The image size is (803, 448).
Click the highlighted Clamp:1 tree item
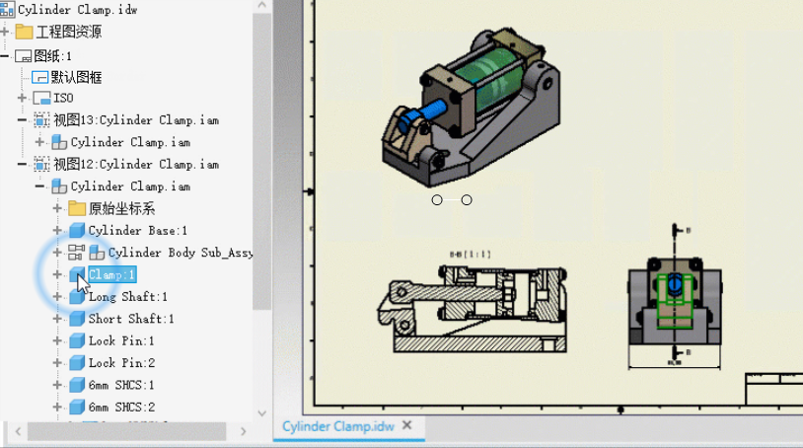111,274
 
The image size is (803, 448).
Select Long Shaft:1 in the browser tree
127,296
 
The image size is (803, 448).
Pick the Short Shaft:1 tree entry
130,319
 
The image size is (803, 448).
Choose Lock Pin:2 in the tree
121,362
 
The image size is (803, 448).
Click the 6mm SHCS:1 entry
121,384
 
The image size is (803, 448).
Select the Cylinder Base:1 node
137,230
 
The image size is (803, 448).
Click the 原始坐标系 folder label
121,208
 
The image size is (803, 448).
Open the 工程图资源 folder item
68,32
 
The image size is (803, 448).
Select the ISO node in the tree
63,98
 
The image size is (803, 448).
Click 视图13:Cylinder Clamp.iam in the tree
135,120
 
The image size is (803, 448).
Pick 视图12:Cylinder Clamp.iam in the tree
135,164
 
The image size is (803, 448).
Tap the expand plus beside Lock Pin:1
57,340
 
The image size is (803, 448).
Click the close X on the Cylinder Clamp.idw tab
405,425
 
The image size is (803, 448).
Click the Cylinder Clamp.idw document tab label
338,426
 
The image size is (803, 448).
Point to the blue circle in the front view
674,284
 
